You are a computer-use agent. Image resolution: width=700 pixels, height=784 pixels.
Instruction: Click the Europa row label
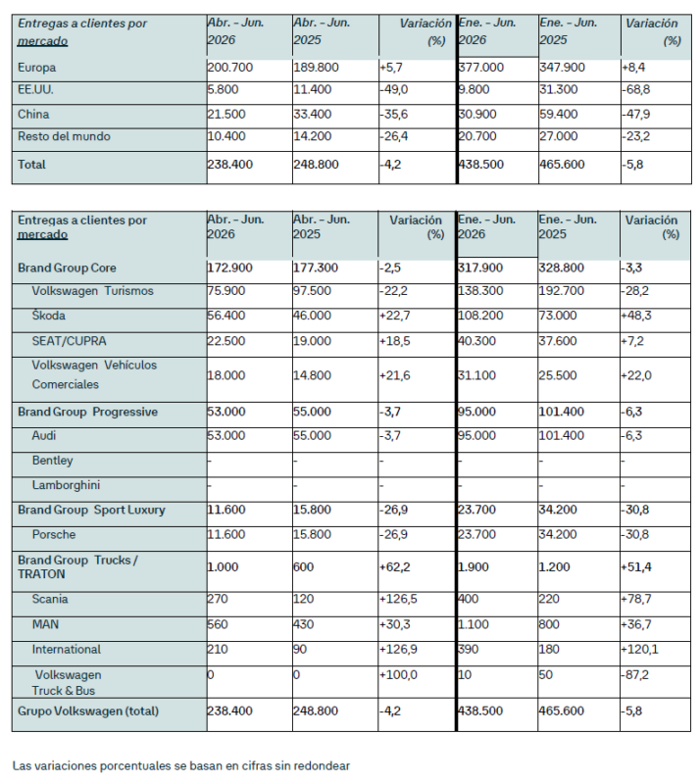36,68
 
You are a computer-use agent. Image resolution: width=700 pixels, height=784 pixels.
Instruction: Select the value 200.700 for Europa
230,68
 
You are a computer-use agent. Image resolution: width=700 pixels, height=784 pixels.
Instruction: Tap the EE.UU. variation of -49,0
394,89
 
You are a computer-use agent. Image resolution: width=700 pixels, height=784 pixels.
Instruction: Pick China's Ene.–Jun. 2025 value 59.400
559,114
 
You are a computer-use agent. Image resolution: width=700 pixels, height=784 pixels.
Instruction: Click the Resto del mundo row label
64,136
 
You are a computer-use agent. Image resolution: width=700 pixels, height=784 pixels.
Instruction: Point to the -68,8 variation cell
635,89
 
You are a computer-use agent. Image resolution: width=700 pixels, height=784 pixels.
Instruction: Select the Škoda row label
49,316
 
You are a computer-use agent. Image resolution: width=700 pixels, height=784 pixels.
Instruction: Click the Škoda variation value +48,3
636,316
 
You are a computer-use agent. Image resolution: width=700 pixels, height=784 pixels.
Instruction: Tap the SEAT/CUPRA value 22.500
226,341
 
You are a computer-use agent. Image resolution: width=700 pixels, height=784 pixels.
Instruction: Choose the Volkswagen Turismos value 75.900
226,291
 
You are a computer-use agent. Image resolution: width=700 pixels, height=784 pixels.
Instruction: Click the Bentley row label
53,460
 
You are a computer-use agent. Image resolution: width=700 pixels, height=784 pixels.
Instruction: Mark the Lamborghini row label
66,485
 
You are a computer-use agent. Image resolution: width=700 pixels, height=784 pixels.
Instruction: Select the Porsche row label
54,534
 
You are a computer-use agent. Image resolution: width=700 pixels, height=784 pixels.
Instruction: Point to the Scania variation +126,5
398,599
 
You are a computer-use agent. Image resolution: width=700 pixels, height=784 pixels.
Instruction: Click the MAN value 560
218,624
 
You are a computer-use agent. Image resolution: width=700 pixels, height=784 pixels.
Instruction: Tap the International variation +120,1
639,649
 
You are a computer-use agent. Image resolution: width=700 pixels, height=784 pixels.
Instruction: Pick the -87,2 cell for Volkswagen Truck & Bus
635,674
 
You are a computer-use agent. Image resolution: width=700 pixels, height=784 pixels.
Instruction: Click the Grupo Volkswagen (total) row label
88,711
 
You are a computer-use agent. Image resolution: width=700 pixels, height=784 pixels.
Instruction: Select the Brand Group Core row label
67,268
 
